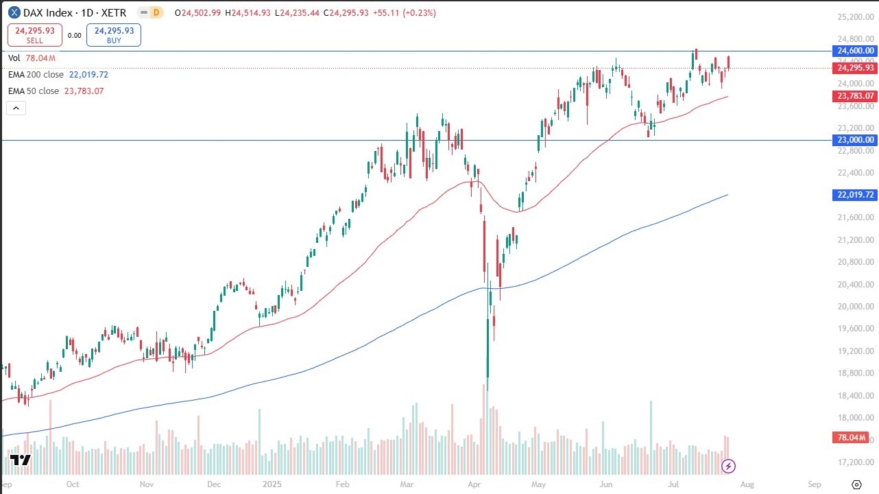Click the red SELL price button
(35, 36)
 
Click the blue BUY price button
(115, 36)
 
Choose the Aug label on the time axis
(747, 484)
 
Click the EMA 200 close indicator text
(36, 74)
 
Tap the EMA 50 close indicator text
(34, 91)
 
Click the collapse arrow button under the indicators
(16, 108)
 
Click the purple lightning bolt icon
(729, 467)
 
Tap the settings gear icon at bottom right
(856, 484)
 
